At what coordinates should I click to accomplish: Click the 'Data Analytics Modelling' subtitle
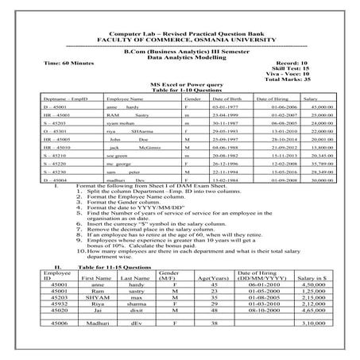[x=180, y=56]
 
